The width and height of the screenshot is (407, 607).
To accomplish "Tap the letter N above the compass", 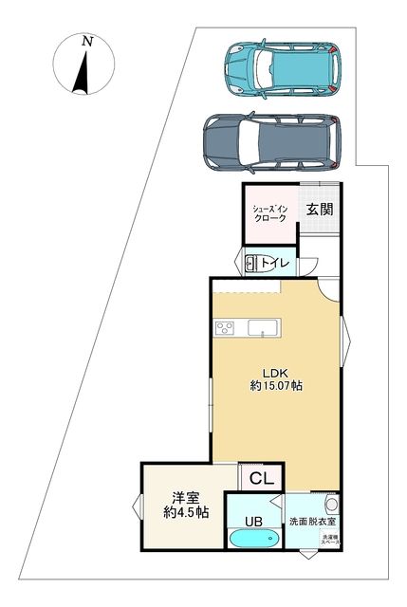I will (87, 41).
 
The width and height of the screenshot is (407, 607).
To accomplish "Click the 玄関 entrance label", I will (318, 211).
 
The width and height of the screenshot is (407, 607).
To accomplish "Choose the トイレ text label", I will (276, 263).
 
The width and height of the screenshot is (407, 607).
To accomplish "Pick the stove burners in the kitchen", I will (226, 328).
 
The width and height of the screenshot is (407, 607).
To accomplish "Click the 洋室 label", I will (184, 496).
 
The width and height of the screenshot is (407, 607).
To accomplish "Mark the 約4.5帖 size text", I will (186, 512).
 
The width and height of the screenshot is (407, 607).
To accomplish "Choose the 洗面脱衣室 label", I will (312, 522).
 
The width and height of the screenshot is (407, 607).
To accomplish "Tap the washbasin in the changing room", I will (330, 503).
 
